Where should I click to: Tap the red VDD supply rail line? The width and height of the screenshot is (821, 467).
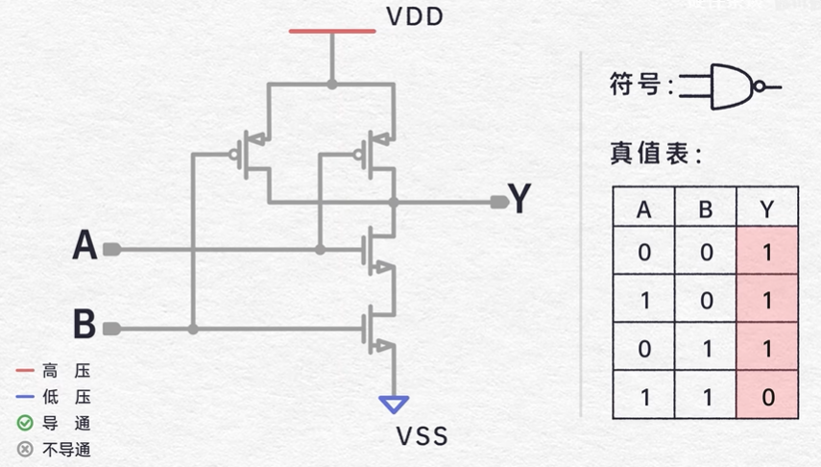[x=332, y=32]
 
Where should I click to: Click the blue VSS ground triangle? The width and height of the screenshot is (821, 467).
[x=393, y=406]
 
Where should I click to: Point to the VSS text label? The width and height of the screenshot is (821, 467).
[x=422, y=438]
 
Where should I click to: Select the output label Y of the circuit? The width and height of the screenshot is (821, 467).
[x=519, y=200]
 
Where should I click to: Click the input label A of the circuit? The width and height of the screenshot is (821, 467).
[x=85, y=248]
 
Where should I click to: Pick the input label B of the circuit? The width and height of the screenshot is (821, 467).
[x=85, y=325]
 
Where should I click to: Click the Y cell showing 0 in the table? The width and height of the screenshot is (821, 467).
[x=766, y=395]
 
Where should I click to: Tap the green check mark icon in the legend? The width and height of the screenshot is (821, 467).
[x=25, y=423]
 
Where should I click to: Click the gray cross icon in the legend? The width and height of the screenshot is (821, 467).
[x=25, y=449]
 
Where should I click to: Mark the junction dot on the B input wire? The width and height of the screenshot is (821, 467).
[x=193, y=330]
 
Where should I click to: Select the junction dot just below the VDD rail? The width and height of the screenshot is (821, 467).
[x=332, y=85]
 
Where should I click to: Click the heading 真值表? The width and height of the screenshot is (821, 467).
[x=657, y=154]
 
